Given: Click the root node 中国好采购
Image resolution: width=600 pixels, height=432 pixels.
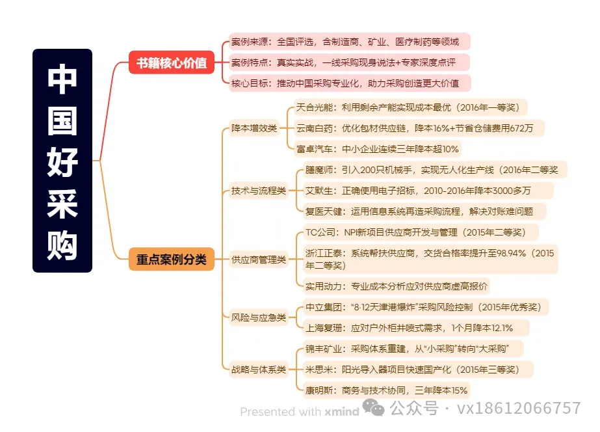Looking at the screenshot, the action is [x=62, y=160].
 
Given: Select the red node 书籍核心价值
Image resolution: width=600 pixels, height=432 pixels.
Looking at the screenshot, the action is [x=172, y=63].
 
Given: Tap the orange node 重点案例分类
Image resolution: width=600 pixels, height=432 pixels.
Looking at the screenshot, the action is [x=171, y=260].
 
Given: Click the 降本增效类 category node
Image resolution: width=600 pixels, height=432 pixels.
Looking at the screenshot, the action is [x=254, y=128].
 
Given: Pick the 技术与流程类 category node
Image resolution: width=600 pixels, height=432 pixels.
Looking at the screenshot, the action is [x=258, y=191].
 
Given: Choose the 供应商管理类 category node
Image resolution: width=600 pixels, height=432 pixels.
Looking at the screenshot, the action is [x=258, y=260].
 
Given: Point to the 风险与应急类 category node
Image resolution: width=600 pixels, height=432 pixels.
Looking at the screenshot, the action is [x=258, y=317].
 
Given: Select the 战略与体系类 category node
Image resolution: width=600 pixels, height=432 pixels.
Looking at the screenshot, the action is [x=258, y=370].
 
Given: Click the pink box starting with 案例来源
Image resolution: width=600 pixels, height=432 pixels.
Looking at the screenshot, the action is [x=349, y=42].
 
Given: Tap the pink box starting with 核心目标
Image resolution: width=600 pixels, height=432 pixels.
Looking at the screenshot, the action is [x=349, y=83].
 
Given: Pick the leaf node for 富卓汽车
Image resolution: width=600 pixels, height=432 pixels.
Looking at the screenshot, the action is [x=378, y=149].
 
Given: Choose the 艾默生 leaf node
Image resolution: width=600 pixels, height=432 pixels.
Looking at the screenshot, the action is [x=427, y=191].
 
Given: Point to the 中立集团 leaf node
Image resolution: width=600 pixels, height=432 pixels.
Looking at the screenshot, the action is [x=427, y=307].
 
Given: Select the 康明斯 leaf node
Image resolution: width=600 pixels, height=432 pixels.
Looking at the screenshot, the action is [x=386, y=390].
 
